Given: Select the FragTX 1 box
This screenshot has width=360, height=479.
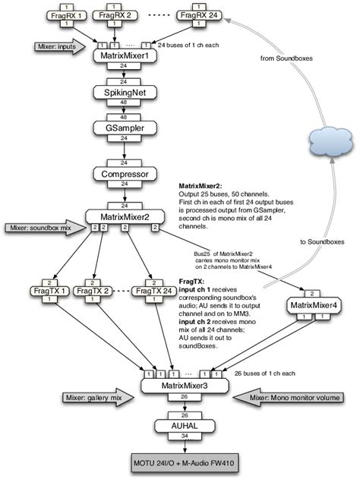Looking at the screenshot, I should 55,291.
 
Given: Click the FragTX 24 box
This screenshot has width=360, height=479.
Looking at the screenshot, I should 152,291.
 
